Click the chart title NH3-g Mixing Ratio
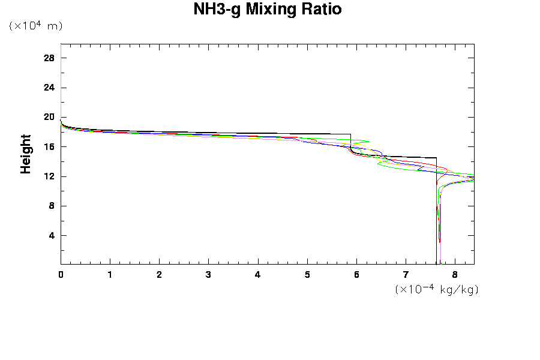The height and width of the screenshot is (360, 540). click(268, 10)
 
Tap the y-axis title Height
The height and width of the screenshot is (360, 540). click(26, 154)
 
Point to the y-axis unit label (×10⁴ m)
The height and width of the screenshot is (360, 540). click(36, 26)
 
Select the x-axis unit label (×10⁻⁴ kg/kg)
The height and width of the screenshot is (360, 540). click(437, 289)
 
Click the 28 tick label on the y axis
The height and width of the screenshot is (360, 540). click(49, 58)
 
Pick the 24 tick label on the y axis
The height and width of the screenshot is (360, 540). click(49, 88)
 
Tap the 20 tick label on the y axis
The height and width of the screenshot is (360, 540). click(49, 117)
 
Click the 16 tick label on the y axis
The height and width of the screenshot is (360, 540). click(49, 146)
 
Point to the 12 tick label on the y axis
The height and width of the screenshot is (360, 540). click(49, 176)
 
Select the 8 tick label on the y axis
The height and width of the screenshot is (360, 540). click(52, 206)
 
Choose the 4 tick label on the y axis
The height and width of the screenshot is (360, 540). click(52, 235)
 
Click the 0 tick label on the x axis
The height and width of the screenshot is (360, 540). click(61, 274)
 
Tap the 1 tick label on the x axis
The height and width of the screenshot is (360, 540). click(110, 274)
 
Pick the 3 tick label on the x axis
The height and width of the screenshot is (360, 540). click(209, 274)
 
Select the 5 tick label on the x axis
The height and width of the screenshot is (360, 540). click(307, 274)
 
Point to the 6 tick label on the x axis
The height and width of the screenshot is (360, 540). click(356, 274)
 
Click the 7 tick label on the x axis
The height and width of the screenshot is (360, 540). click(406, 274)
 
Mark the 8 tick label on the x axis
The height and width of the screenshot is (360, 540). click(455, 274)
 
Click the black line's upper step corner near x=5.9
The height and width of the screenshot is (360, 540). click(351, 134)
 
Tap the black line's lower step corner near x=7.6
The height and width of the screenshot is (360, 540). click(436, 158)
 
